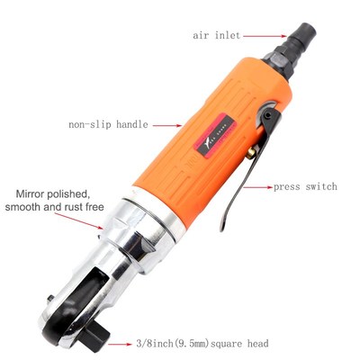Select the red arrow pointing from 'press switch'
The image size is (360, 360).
pos(261,187)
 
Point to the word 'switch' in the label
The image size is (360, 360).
pos(321,187)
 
